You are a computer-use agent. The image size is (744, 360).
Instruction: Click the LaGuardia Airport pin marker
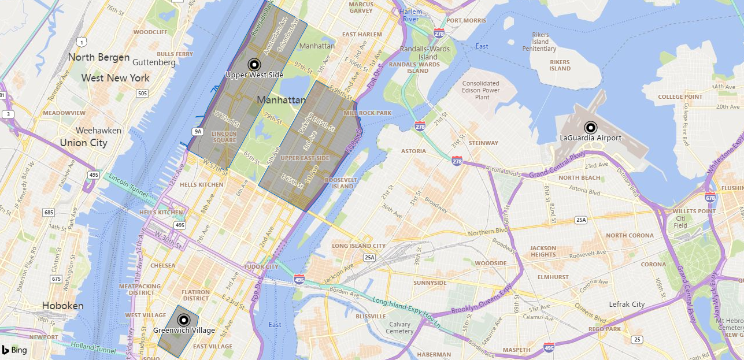click(590, 128)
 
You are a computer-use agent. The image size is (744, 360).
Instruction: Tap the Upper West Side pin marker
click(254, 65)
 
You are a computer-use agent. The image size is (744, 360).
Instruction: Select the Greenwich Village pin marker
click(184, 320)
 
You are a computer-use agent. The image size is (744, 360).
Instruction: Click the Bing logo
click(14, 350)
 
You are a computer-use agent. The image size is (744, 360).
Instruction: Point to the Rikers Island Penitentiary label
click(539, 42)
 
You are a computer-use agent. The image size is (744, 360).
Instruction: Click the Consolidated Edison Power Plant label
click(481, 90)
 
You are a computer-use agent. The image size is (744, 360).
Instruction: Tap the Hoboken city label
click(62, 306)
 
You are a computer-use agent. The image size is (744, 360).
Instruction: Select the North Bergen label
click(95, 57)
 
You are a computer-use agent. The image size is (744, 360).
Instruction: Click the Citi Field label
click(680, 221)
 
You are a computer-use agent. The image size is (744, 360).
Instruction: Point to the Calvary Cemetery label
click(399, 328)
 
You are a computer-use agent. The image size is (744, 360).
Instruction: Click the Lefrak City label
click(627, 304)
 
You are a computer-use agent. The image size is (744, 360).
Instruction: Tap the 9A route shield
click(198, 132)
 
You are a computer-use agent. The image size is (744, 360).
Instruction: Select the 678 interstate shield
click(710, 198)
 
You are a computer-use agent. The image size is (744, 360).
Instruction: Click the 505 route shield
click(142, 94)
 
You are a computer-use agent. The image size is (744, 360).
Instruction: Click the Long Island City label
click(358, 246)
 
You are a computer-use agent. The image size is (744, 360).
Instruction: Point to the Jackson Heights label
click(543, 251)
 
